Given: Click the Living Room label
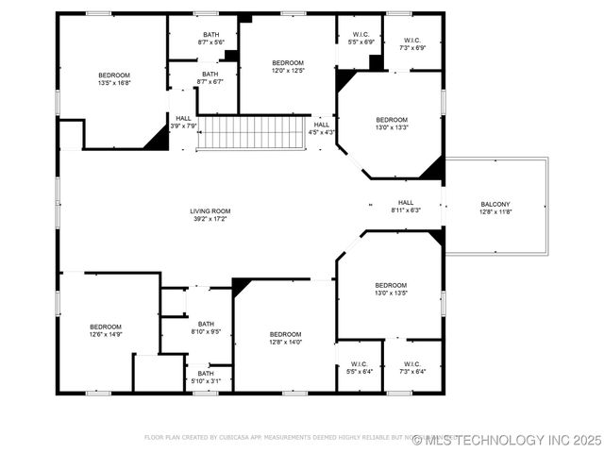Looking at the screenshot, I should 209,211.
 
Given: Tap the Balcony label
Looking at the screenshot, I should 495,205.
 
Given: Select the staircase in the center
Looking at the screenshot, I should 252,132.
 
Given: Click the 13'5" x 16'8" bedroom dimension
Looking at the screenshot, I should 114,83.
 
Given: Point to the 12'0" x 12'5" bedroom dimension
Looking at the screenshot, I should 287,70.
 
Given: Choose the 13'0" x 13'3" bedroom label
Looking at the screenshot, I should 392,120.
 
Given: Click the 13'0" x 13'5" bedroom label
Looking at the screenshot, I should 390,285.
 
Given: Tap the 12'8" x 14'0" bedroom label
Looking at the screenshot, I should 285,334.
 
